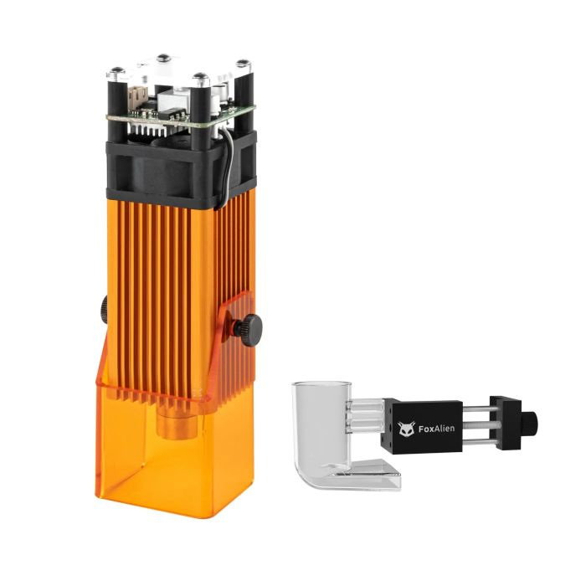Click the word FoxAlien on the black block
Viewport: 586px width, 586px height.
(436, 429)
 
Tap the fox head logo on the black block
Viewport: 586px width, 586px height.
(406, 429)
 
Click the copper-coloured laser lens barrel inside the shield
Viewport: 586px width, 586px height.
(176, 422)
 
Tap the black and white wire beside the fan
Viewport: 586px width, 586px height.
(227, 164)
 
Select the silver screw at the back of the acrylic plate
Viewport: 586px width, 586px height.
(164, 59)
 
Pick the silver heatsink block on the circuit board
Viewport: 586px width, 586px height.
(172, 100)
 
